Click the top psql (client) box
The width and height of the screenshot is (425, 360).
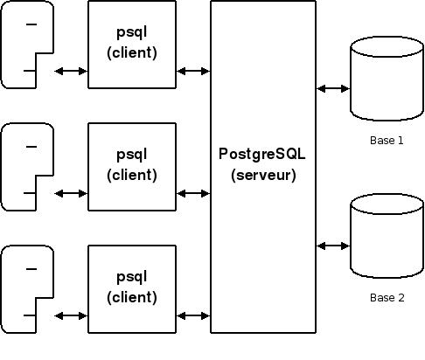point(132,45)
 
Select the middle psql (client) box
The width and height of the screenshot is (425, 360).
point(132,167)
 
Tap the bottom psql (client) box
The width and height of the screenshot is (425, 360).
point(132,289)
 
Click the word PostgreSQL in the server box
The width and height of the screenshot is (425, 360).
point(262,154)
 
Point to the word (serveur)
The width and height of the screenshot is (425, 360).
point(263,175)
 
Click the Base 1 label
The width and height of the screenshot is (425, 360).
point(387,141)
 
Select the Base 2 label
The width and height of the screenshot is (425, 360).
point(387,298)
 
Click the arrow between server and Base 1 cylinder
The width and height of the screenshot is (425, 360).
point(333,88)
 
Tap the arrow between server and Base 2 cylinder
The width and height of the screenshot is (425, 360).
point(333,246)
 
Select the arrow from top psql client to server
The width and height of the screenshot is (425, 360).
point(193,71)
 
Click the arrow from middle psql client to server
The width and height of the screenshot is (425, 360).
point(193,193)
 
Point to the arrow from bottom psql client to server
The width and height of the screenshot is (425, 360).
point(193,315)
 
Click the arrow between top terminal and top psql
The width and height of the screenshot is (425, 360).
point(71,71)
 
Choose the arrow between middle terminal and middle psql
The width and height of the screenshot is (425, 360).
point(71,193)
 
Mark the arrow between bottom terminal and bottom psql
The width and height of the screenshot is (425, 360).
point(71,315)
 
